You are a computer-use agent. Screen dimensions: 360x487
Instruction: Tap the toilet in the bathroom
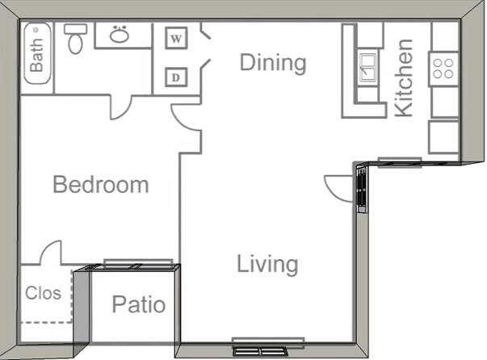coord(75,38)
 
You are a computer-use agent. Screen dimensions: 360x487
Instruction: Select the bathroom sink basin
coord(120,35)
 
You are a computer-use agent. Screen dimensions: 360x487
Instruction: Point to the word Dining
coord(273,62)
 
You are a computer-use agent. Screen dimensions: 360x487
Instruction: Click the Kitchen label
coord(403,77)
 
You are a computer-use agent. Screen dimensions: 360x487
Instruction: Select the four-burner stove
coord(443,67)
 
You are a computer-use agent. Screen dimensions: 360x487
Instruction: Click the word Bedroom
coord(100,185)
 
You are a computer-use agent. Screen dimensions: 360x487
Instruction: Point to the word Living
coord(267,264)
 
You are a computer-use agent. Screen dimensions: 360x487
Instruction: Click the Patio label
coord(138,304)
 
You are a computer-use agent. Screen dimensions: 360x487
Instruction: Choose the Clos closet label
coord(43,293)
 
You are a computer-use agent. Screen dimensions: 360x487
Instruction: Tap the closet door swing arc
coord(50,252)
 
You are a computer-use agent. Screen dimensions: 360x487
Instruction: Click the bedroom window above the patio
coord(138,263)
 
